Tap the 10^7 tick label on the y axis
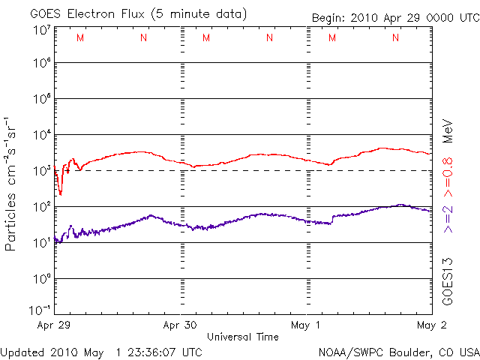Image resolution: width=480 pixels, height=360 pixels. coord(41,31)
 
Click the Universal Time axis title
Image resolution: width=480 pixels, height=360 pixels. coord(242,337)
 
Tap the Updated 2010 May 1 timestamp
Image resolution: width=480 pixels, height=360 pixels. coord(101,352)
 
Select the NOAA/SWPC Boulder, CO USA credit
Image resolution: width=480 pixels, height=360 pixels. coord(397,352)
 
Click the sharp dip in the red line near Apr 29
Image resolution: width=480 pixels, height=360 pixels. coord(60,192)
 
